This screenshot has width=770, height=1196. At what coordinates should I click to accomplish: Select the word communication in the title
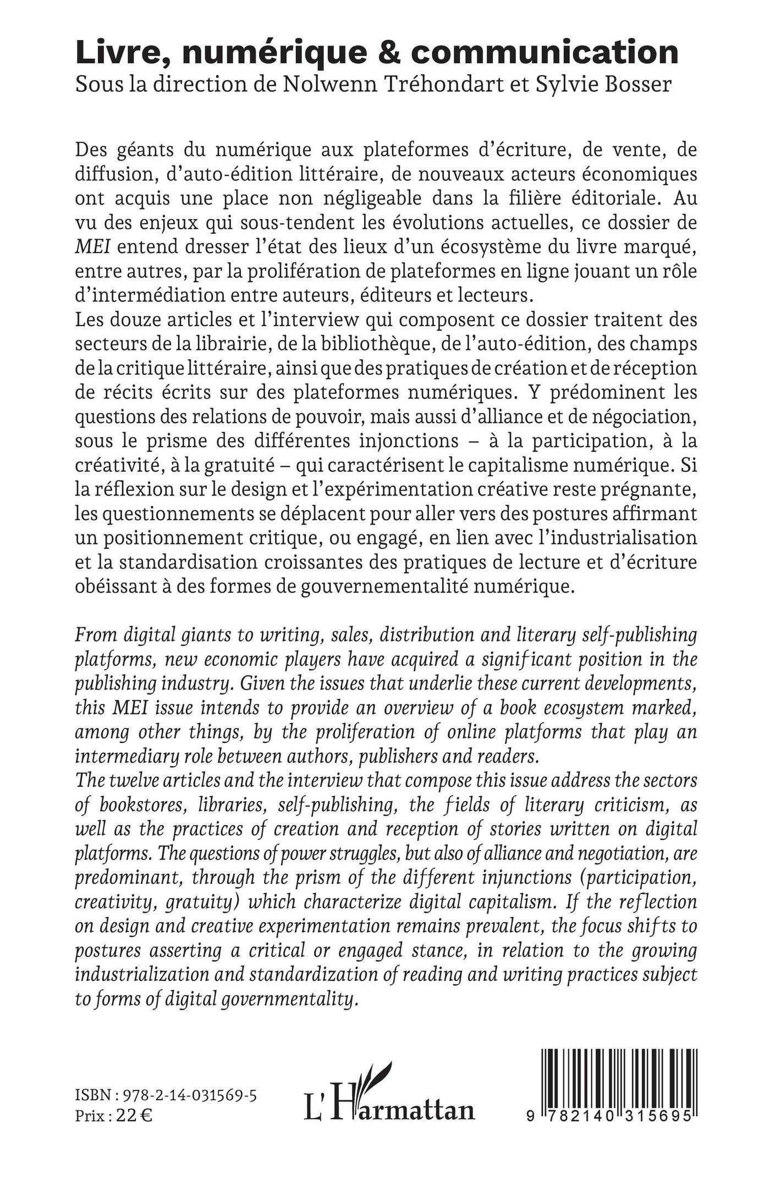(544, 53)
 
